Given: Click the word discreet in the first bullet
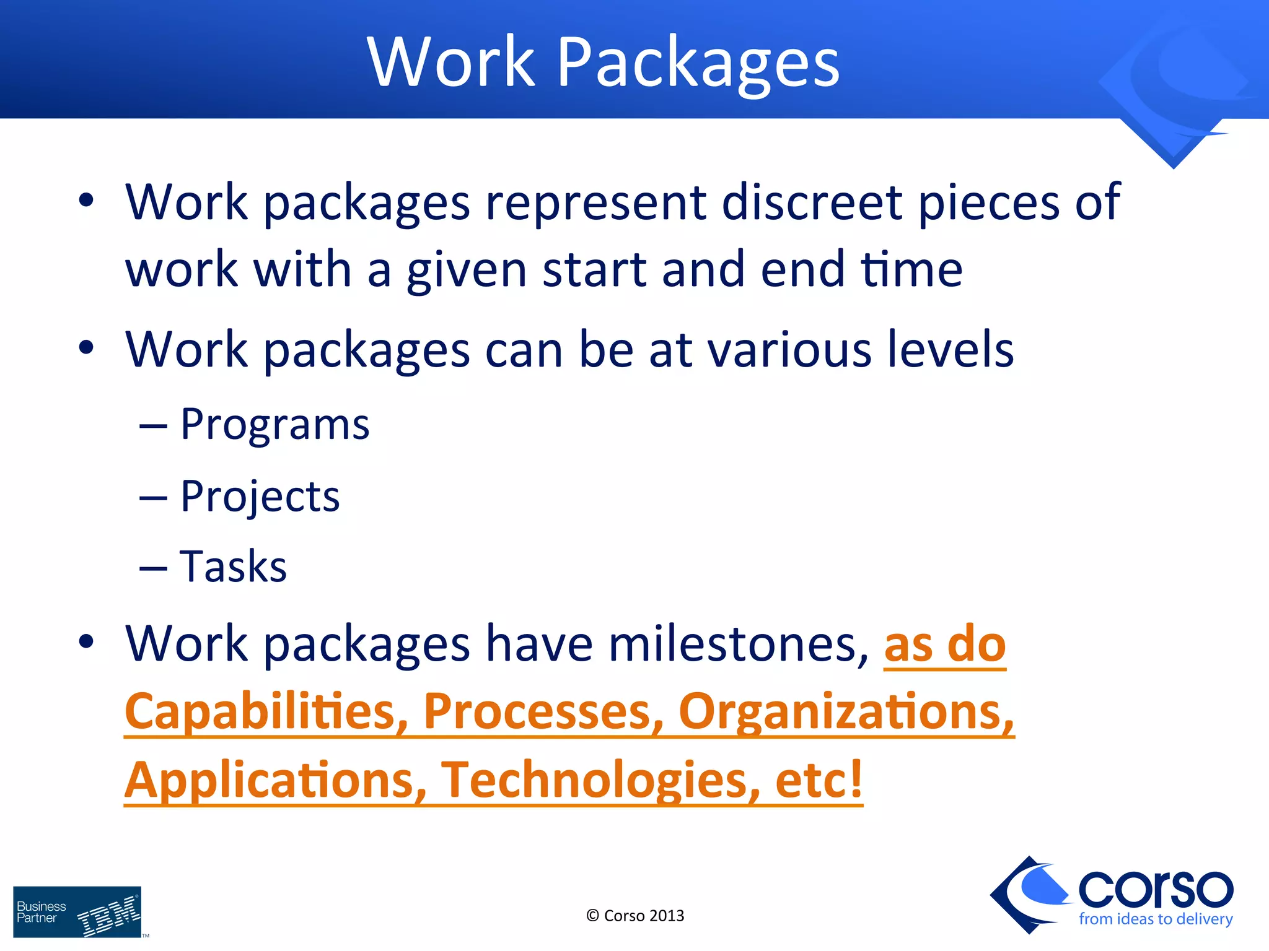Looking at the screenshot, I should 812,202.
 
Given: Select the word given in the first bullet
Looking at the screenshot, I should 467,271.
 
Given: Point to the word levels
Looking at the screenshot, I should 950,350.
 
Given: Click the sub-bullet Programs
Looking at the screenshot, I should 274,426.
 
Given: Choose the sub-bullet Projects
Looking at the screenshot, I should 260,497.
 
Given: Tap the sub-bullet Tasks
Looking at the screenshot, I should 233,567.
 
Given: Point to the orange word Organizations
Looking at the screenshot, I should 846,712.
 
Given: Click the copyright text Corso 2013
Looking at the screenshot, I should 635,916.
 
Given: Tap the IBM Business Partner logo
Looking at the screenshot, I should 77,911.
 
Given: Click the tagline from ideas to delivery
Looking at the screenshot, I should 1155,919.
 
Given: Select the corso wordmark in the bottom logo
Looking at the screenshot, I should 1155,889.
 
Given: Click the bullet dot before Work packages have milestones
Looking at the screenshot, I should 86,641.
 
